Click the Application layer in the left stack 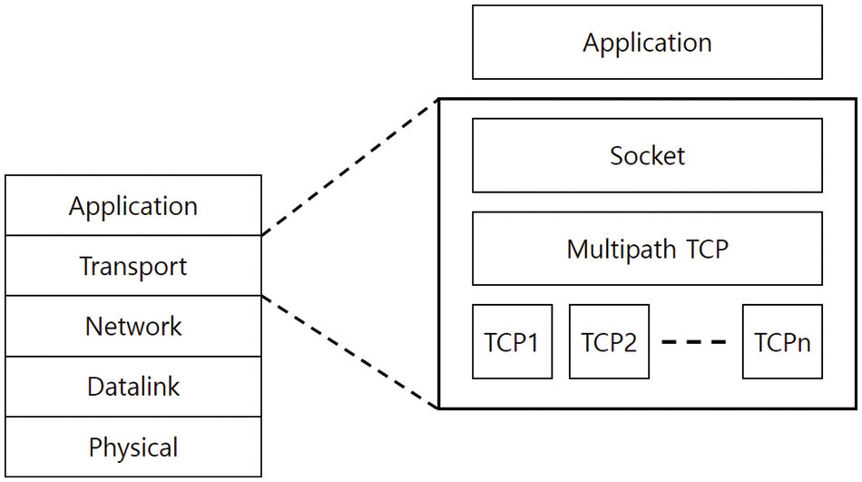(133, 206)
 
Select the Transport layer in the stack (133, 266)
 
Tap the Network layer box (133, 326)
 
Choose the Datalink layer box (133, 387)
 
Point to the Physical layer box (133, 447)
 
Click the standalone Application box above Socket (647, 43)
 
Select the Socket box (647, 155)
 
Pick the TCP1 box (512, 341)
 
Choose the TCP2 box (609, 341)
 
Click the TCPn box (782, 341)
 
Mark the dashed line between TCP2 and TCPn (694, 342)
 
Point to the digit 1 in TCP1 (533, 343)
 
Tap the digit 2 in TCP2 (630, 343)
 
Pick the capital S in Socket (618, 156)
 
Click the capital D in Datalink (95, 387)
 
